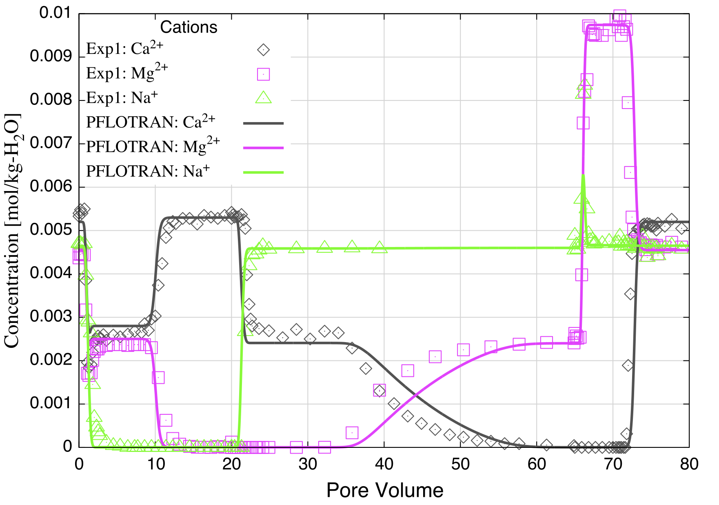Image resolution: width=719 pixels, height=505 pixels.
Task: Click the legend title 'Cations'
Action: pyautogui.click(x=189, y=27)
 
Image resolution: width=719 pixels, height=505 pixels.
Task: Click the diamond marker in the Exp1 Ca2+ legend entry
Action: pyautogui.click(x=263, y=50)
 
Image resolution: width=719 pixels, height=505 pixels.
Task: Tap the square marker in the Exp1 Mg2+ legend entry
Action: pyautogui.click(x=263, y=74)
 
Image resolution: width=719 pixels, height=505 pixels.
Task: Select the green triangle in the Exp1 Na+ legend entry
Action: pyautogui.click(x=263, y=98)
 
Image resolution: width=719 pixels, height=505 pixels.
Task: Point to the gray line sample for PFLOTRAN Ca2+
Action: pyautogui.click(x=263, y=123)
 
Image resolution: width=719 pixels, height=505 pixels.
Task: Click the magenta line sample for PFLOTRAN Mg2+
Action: pyautogui.click(x=263, y=147)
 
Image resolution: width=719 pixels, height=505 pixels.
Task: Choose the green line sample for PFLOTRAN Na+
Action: pyautogui.click(x=263, y=172)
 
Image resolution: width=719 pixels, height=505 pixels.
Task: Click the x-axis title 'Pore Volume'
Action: pyautogui.click(x=384, y=490)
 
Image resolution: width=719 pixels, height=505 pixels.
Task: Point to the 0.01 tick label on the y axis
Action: pyautogui.click(x=55, y=13)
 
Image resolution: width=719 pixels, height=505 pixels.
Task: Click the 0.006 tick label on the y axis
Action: pyautogui.click(x=51, y=187)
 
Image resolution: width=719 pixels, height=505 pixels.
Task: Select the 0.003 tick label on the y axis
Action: pyautogui.click(x=51, y=317)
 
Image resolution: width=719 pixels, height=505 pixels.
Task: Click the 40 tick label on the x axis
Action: pyautogui.click(x=384, y=464)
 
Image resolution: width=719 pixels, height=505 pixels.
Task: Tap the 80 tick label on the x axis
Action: pyautogui.click(x=689, y=464)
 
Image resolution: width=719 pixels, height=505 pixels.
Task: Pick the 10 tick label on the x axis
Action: pyautogui.click(x=155, y=464)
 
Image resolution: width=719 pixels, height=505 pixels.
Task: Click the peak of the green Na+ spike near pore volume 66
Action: pyautogui.click(x=583, y=176)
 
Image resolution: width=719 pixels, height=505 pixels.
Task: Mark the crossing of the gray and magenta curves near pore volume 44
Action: pyautogui.click(x=414, y=395)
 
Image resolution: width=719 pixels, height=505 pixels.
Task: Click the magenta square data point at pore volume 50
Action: pyautogui.click(x=463, y=349)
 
